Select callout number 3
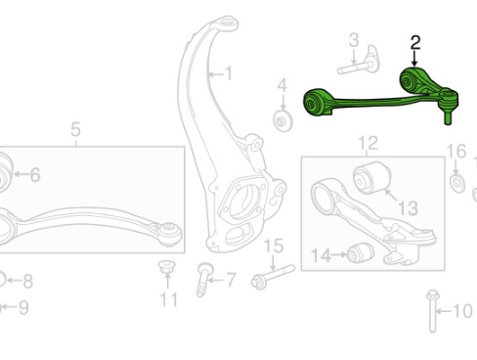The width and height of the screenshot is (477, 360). (x=354, y=40)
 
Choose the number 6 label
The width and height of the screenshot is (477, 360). (x=35, y=176)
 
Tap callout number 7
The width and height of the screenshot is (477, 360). (x=231, y=279)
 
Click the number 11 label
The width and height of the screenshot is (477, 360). (x=169, y=298)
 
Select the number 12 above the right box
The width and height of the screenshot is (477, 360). (x=367, y=145)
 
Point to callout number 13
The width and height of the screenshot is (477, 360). (x=408, y=206)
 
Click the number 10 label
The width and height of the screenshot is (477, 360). (x=462, y=313)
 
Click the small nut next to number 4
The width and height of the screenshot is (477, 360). (x=283, y=120)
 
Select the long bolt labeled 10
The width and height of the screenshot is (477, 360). (x=431, y=311)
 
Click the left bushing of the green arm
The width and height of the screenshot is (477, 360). (x=317, y=102)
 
